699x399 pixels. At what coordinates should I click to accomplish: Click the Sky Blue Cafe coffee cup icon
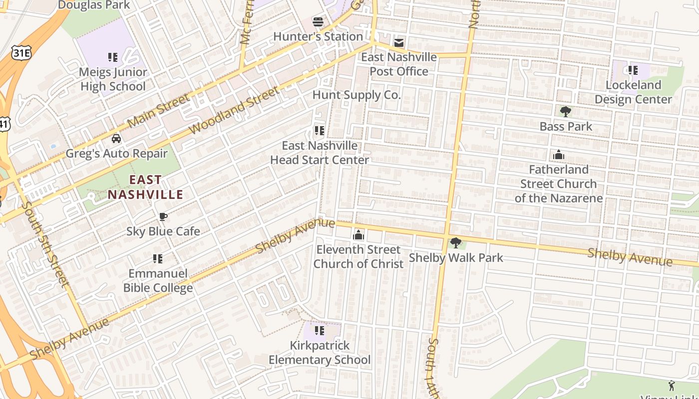163,216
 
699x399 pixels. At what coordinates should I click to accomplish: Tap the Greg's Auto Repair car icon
116,138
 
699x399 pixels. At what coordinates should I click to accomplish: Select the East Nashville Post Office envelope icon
398,42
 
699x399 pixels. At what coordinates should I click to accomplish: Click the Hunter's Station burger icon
318,21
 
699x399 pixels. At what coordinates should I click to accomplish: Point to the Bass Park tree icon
565,111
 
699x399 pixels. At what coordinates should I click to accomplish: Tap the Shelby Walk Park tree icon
455,243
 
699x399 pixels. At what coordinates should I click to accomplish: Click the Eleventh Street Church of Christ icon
358,235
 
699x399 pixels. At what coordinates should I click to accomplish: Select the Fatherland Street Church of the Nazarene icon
559,155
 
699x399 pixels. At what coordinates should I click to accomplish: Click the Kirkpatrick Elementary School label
320,353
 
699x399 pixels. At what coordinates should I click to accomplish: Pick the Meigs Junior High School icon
113,57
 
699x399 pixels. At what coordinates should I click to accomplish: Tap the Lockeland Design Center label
633,92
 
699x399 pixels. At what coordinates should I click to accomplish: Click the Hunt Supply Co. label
356,95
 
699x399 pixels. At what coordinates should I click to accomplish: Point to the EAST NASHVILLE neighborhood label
146,187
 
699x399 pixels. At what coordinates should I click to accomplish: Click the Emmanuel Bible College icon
158,259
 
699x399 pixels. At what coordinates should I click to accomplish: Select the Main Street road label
158,110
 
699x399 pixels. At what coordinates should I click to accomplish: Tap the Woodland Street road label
234,111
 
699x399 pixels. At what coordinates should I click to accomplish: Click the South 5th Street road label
44,244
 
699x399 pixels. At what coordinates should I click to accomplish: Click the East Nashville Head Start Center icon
319,131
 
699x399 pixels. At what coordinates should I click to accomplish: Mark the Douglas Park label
94,5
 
